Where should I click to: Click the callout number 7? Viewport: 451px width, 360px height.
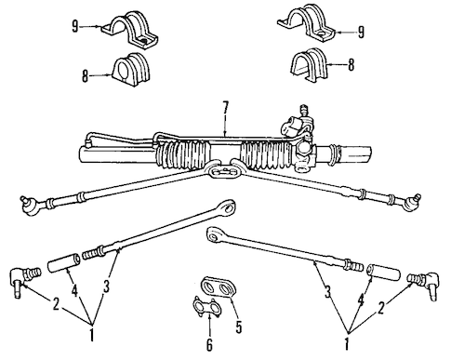[x=225, y=107]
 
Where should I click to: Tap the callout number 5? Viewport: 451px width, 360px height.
[x=238, y=327]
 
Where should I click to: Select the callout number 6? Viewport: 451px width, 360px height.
[x=210, y=344]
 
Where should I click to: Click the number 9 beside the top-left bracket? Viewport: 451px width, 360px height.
[x=75, y=27]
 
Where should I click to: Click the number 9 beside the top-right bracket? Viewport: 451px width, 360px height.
[x=361, y=33]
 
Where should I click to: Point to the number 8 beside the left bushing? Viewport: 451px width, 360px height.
[x=85, y=75]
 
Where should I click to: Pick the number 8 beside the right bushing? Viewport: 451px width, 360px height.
[x=351, y=65]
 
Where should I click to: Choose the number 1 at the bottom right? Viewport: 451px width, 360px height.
[x=347, y=343]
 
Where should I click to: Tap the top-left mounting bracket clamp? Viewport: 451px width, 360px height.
[x=130, y=30]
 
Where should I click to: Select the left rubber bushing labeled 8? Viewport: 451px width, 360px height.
[x=131, y=70]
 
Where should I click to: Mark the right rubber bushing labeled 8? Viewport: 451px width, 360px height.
[x=309, y=65]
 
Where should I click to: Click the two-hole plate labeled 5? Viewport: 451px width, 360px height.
[x=219, y=287]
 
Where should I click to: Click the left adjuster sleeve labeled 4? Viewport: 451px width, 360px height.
[x=64, y=263]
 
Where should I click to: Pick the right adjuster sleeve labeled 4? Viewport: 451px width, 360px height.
[x=382, y=273]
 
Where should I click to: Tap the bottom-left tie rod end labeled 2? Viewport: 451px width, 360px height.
[x=25, y=280]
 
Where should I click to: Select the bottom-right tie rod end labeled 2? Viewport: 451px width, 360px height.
[x=425, y=284]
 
